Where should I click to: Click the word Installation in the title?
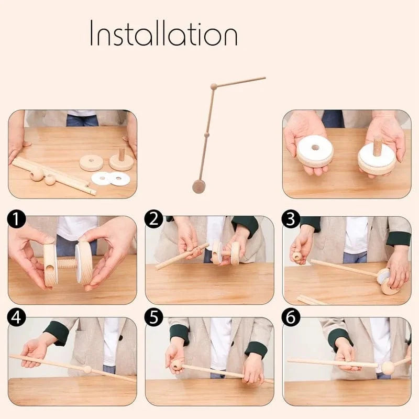[163, 32]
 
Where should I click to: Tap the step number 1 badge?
[16, 219]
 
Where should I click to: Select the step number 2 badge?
[153, 219]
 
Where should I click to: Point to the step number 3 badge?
[291, 219]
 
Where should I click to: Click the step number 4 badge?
[16, 318]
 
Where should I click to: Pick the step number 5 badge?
[153, 318]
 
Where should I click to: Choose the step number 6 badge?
[291, 318]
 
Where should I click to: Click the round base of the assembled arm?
[199, 186]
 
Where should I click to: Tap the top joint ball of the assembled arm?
[214, 86]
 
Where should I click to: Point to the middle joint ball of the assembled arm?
[206, 134]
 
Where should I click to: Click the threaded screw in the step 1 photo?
[67, 263]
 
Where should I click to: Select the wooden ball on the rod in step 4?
[87, 370]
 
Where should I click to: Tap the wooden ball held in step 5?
[177, 365]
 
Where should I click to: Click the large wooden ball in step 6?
[388, 368]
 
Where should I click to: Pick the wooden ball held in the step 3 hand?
[297, 257]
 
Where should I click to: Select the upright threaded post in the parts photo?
[122, 154]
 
